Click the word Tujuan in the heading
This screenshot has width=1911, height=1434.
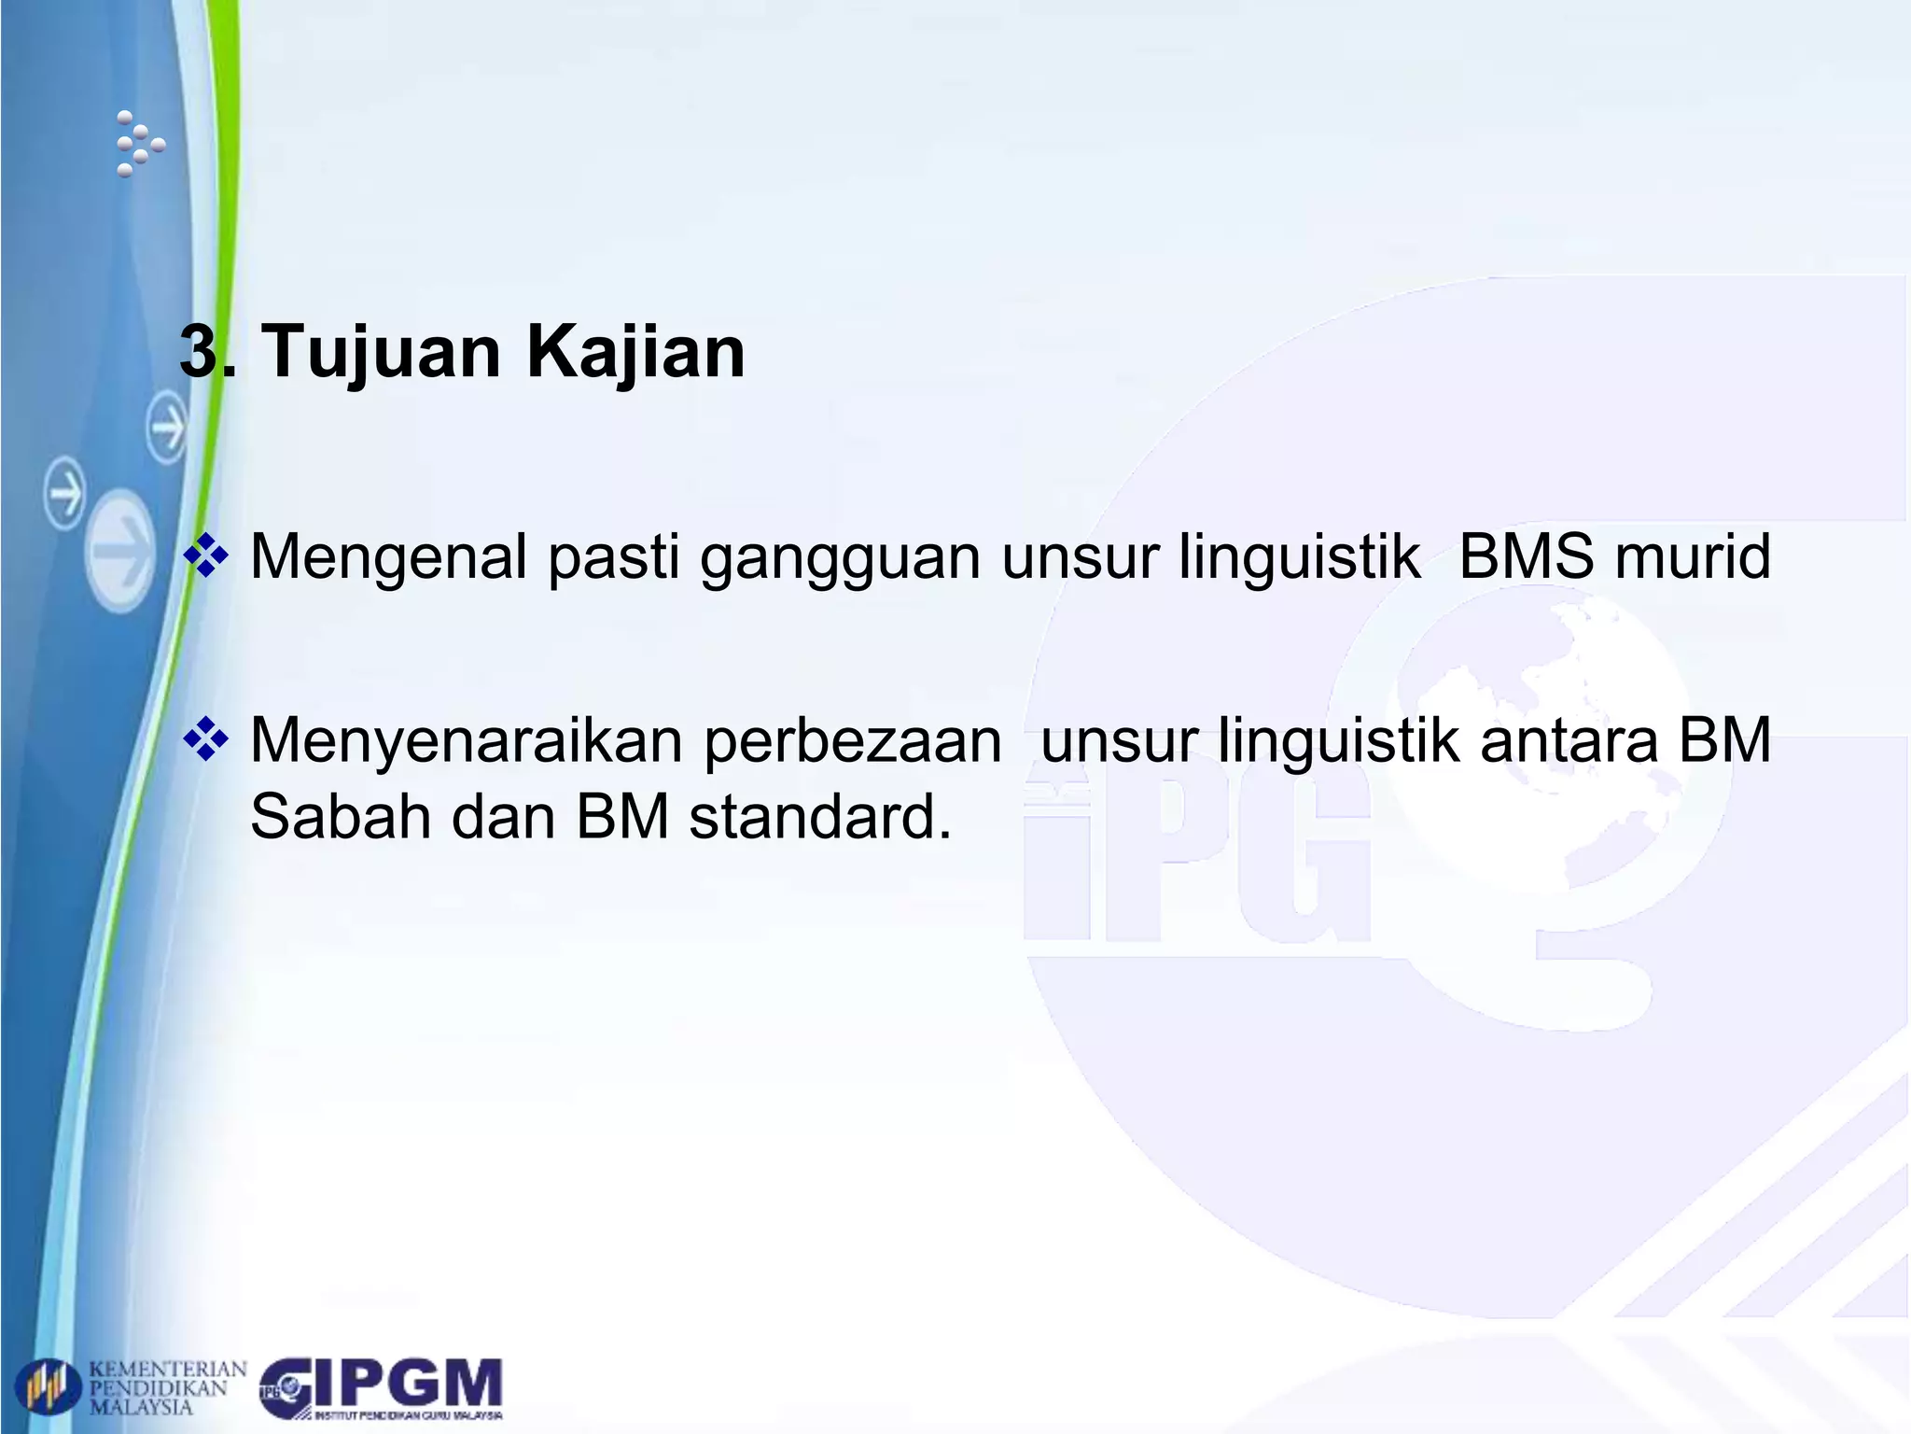tap(384, 352)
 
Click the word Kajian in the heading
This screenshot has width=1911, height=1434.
tap(635, 352)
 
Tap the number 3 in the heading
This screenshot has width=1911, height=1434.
tap(199, 352)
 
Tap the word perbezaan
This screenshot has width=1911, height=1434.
tap(853, 741)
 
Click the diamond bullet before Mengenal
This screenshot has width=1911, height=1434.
tap(206, 556)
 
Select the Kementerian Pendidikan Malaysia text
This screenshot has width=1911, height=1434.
tap(167, 1388)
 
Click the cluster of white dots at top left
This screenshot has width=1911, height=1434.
tap(139, 145)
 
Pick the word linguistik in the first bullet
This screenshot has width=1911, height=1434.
tap(1300, 557)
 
